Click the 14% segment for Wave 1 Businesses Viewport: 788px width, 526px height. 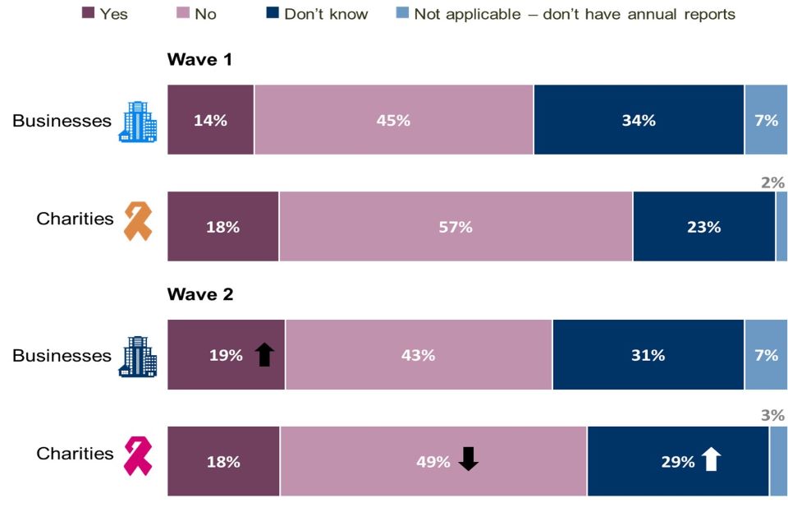click(210, 120)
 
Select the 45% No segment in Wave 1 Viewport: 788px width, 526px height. click(393, 120)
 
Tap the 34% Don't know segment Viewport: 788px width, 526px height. click(639, 120)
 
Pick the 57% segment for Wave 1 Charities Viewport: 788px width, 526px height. click(456, 227)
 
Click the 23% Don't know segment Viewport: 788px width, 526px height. click(703, 227)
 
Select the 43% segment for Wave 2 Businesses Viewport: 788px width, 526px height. click(419, 355)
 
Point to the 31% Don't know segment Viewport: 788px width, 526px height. click(648, 355)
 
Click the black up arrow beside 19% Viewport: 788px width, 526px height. click(263, 354)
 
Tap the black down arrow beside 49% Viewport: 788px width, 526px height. click(468, 459)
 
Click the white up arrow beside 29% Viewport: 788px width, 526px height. click(711, 459)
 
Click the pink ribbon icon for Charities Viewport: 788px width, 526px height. click(137, 456)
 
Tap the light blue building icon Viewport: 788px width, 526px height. click(137, 122)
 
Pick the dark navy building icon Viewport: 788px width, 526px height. click(137, 356)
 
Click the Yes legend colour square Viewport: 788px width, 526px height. click(89, 13)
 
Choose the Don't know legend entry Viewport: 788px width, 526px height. click(325, 14)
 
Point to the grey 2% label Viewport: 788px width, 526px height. click(772, 182)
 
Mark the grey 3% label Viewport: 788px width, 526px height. click(772, 416)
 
